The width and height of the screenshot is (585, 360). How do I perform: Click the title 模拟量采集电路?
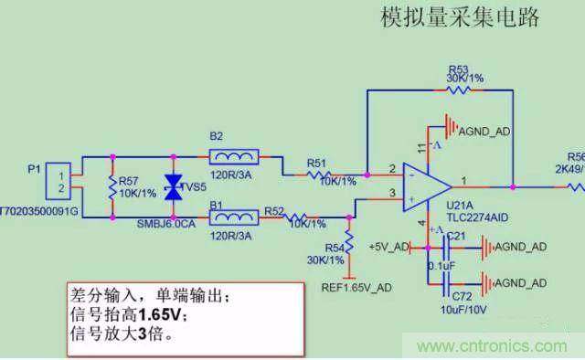[461, 17]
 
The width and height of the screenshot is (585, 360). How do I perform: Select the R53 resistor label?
[459, 69]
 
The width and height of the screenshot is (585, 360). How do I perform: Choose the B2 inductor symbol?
[233, 156]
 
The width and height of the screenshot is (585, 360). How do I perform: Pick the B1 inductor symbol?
[233, 218]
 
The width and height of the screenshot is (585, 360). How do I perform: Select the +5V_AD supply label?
[385, 246]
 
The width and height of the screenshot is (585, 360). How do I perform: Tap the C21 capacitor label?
[456, 236]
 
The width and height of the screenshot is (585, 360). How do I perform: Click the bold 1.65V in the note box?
[165, 314]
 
